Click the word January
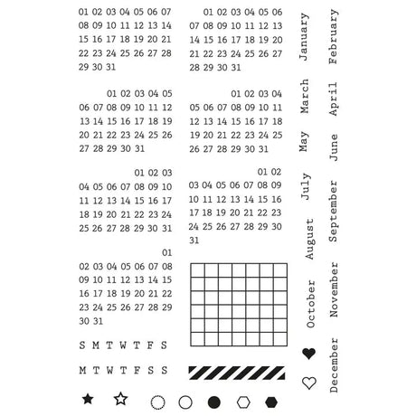click(x=306, y=38)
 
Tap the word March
click(x=306, y=96)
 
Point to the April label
click(x=334, y=99)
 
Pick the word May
click(x=306, y=142)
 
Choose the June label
click(x=334, y=147)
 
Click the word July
click(x=306, y=185)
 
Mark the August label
click(x=309, y=239)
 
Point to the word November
click(x=334, y=290)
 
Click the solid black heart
click(x=309, y=354)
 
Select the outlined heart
click(x=309, y=383)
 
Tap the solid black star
click(x=88, y=398)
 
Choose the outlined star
click(x=120, y=398)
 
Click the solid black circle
click(x=214, y=402)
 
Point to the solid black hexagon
click(x=272, y=402)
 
